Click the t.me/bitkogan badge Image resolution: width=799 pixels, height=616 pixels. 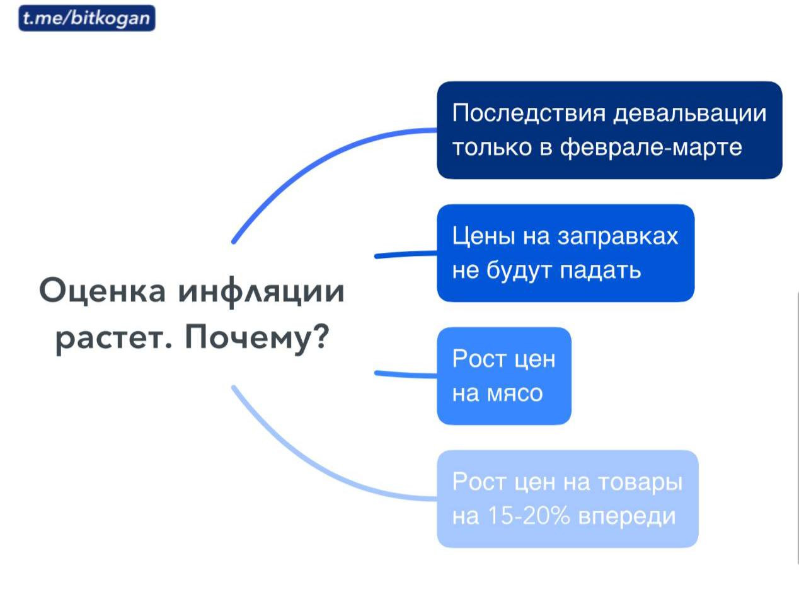coord(87,18)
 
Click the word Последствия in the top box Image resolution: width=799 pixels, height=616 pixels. coord(529,113)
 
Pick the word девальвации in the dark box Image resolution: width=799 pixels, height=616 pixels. coord(690,113)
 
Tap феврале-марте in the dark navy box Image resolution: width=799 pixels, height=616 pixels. coord(651,147)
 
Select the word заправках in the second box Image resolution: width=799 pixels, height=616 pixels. coord(618,236)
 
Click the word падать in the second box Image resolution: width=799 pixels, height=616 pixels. coord(601,271)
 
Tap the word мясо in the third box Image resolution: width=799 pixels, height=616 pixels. coord(514,394)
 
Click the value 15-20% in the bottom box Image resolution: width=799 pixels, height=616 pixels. coord(529,516)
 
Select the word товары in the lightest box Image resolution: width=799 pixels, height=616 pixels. coord(640,483)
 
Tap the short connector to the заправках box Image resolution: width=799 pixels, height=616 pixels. coord(406,254)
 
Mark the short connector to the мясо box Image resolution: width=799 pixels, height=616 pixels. coord(406,375)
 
